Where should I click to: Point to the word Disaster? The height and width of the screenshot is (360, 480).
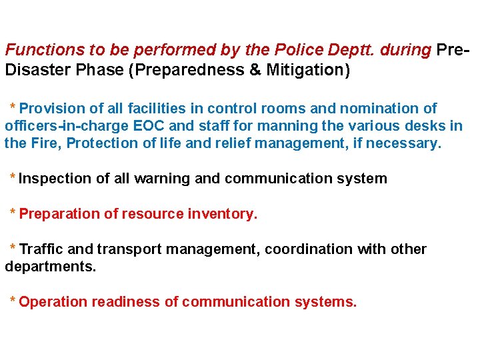point(34,70)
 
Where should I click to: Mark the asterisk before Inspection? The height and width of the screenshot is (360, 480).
point(13,177)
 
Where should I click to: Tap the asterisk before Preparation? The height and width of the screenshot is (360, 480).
point(13,212)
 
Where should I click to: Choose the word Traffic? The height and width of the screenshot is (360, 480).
point(41,249)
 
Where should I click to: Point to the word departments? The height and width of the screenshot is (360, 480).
point(51,267)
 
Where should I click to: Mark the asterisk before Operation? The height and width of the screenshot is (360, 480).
point(13,300)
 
